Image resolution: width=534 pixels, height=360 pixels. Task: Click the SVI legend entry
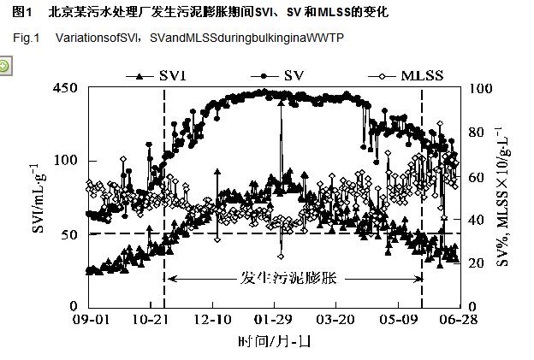162,76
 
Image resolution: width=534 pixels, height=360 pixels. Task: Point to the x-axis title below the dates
274,341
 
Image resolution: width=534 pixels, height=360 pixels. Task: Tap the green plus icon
5,66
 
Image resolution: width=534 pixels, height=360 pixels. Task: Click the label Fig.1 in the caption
27,39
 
